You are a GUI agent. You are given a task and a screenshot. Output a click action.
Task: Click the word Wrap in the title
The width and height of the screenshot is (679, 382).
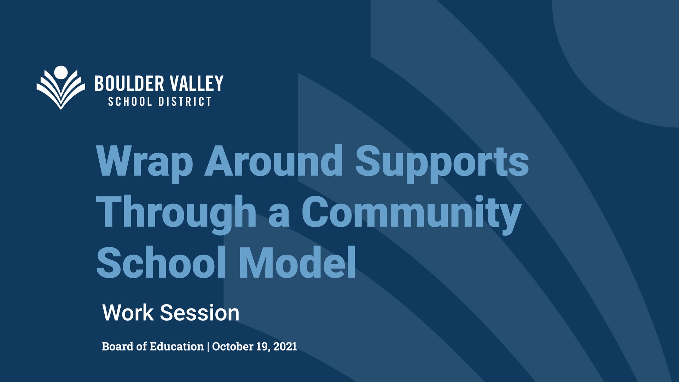(x=145, y=163)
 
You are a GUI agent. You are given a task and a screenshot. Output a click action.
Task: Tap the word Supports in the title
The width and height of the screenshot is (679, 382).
(x=442, y=163)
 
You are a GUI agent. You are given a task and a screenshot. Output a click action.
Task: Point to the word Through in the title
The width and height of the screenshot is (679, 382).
(x=176, y=214)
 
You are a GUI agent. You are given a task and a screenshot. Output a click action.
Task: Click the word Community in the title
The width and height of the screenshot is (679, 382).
(x=412, y=214)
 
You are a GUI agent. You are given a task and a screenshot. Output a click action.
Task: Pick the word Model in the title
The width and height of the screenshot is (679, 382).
(x=297, y=262)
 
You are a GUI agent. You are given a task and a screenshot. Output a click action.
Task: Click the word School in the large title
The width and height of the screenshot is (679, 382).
(x=161, y=262)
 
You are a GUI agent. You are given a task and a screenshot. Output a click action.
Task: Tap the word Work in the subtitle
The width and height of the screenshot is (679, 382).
(x=128, y=313)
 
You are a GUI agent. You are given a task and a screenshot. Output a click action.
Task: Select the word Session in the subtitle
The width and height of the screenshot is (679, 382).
(x=199, y=313)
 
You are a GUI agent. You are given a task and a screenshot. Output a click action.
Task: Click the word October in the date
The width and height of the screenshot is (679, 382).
(x=233, y=346)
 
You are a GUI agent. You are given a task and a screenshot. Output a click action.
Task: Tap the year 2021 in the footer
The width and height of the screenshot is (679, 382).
(x=285, y=346)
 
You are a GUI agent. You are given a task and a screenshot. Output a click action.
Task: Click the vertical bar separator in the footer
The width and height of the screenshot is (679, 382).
(x=208, y=347)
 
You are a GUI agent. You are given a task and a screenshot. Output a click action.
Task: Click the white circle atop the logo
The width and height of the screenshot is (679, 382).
(x=61, y=72)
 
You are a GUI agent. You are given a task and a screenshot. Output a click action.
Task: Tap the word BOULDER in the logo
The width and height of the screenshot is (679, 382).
(x=129, y=83)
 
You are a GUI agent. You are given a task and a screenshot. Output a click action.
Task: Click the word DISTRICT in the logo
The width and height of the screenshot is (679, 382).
(x=185, y=102)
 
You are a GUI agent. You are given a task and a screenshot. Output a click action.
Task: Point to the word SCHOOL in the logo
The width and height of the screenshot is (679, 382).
(x=130, y=102)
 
